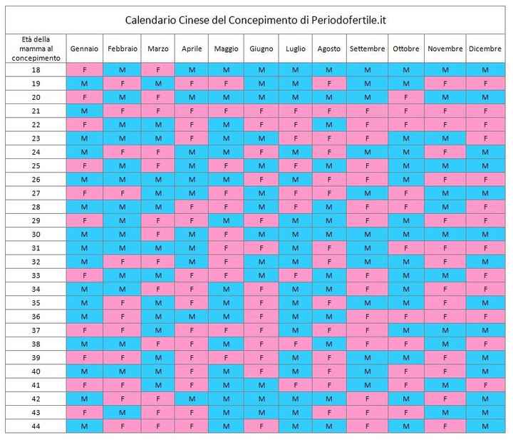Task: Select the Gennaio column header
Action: tap(84, 48)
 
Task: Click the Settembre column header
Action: tap(367, 48)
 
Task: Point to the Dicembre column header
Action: tap(485, 48)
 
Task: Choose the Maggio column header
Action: tap(226, 48)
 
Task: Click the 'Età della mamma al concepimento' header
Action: tap(36, 48)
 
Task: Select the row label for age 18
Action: tap(36, 70)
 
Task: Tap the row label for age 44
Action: tap(36, 426)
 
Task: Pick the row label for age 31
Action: tap(36, 248)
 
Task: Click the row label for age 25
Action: tap(36, 165)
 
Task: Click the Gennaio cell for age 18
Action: tap(84, 70)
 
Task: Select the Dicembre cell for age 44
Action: tap(485, 426)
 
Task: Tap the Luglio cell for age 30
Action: tap(295, 235)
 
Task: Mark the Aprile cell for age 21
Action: tap(192, 111)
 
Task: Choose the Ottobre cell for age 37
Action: tap(406, 330)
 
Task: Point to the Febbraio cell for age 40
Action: tap(123, 371)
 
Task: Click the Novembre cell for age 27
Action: tap(445, 193)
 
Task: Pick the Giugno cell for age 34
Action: tap(261, 289)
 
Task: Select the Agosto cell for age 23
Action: tap(328, 138)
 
